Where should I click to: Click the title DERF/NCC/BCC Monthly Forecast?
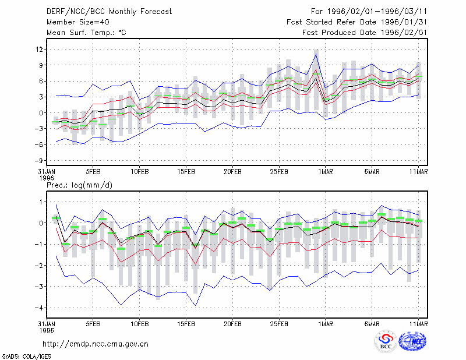(x=109, y=12)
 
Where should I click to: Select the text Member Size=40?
(x=78, y=22)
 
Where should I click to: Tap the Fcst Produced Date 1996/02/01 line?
(x=365, y=33)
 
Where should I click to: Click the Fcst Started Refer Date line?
(x=356, y=22)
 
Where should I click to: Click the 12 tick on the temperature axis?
(x=39, y=49)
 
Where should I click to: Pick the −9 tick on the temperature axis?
(x=38, y=161)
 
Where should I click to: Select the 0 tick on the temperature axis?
(x=41, y=113)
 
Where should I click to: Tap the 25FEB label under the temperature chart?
(x=279, y=172)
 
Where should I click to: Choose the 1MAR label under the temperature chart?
(x=326, y=172)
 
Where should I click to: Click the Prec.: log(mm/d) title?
(x=79, y=185)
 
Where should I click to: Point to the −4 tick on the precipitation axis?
(x=38, y=308)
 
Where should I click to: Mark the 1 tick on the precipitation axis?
(x=41, y=202)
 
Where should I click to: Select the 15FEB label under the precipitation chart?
(x=186, y=324)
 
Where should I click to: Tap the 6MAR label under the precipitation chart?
(x=372, y=324)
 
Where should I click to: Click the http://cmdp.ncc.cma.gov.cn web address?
(x=96, y=344)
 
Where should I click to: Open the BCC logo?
(x=386, y=341)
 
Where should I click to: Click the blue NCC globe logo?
(x=412, y=341)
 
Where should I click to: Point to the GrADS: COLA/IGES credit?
(x=26, y=357)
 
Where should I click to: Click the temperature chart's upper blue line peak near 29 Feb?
(x=316, y=54)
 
